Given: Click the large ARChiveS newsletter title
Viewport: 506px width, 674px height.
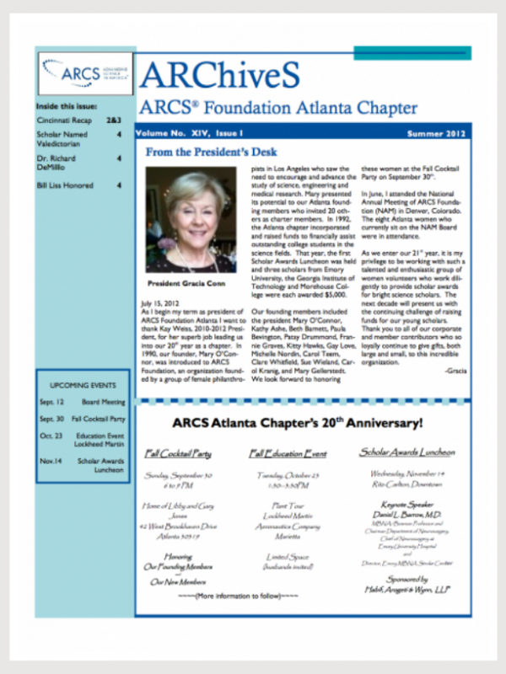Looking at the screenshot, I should (x=220, y=76).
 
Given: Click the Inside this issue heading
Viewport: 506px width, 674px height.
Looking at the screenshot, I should (x=66, y=108).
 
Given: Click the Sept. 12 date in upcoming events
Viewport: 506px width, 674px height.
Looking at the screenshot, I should (x=51, y=402).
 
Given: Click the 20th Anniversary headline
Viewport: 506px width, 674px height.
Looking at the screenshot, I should (x=298, y=423).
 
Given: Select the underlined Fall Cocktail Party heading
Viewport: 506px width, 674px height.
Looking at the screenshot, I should (x=178, y=454).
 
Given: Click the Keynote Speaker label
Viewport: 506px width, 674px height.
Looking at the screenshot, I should (x=401, y=503).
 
